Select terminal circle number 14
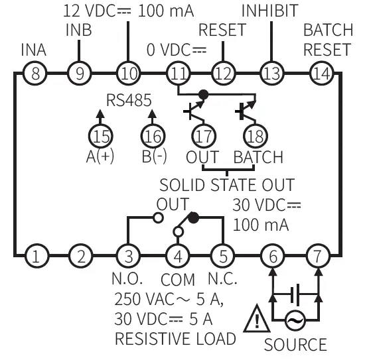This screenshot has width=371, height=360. (321, 73)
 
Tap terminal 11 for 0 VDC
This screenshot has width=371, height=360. (177, 73)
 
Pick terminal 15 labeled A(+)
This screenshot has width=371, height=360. (101, 137)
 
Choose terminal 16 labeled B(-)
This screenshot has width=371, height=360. (152, 137)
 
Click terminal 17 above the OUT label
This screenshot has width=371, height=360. (202, 137)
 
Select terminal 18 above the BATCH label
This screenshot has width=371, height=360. (253, 137)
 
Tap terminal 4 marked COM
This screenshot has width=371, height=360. (177, 255)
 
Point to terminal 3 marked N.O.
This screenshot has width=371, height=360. (127, 255)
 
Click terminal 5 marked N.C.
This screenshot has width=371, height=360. (222, 255)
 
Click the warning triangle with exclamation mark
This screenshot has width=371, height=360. (254, 322)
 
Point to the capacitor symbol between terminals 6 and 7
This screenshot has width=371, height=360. (295, 292)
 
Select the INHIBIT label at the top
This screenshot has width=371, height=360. (269, 11)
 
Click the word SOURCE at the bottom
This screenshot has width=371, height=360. (295, 345)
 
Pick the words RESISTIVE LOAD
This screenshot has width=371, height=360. (175, 339)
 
